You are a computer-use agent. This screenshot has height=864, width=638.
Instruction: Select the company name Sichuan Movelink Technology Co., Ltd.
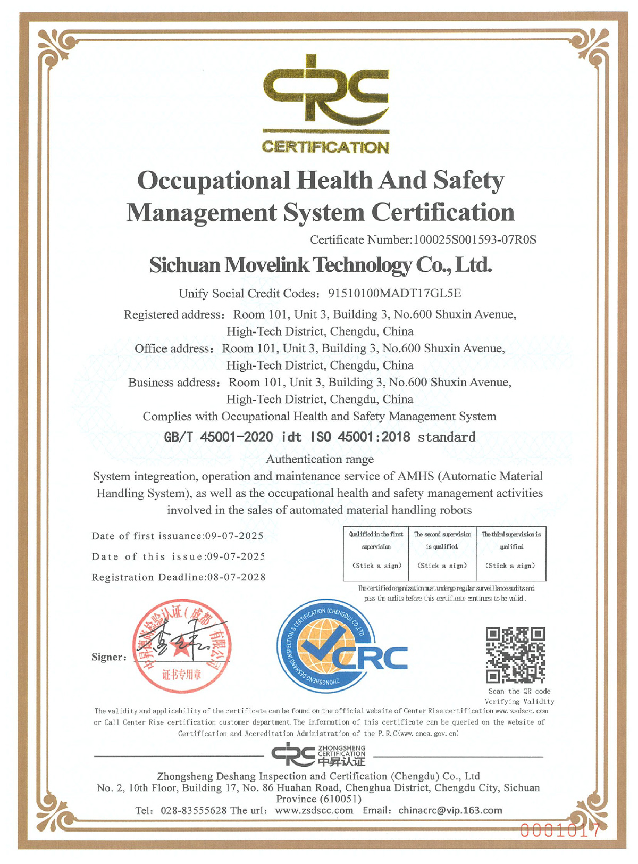321,265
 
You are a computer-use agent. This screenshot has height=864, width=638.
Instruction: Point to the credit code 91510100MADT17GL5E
394,293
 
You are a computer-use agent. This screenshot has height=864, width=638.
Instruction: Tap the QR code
515,655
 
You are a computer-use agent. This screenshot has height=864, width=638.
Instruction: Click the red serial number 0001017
559,830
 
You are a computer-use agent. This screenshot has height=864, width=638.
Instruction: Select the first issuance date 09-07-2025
234,536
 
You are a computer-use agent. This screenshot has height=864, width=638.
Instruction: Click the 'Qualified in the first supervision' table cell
376,553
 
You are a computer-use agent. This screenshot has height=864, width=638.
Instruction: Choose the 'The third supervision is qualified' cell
511,553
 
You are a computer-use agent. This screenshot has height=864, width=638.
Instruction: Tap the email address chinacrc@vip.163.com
450,810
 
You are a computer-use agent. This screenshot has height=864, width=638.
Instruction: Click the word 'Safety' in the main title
468,180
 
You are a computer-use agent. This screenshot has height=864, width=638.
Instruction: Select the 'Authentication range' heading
320,459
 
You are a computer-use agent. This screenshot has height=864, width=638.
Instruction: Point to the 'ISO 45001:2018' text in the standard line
360,437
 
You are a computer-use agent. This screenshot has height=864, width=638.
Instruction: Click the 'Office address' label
173,348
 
